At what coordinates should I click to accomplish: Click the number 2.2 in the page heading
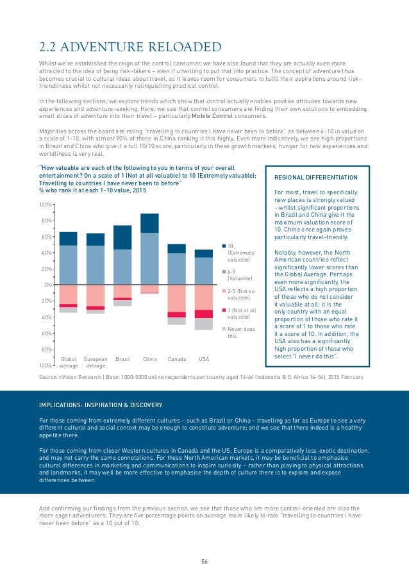[x=49, y=47]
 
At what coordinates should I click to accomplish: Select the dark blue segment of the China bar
[x=149, y=222]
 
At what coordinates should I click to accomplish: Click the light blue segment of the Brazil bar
[x=122, y=267]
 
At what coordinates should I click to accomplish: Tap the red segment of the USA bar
[x=203, y=314]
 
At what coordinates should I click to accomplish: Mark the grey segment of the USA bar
[x=203, y=323]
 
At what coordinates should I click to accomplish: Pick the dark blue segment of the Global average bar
[x=68, y=239]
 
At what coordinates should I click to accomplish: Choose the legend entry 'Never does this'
[x=237, y=331]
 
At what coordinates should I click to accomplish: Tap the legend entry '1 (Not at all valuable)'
[x=240, y=314]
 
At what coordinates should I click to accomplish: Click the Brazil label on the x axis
[x=122, y=359]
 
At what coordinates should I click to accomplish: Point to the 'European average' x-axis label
[x=96, y=362]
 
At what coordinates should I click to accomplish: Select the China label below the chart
[x=149, y=359]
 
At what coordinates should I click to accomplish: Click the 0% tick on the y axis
[x=47, y=285]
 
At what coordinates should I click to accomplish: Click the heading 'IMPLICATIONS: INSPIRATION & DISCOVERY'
[x=101, y=404]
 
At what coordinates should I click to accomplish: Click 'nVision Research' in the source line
[x=79, y=376]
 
